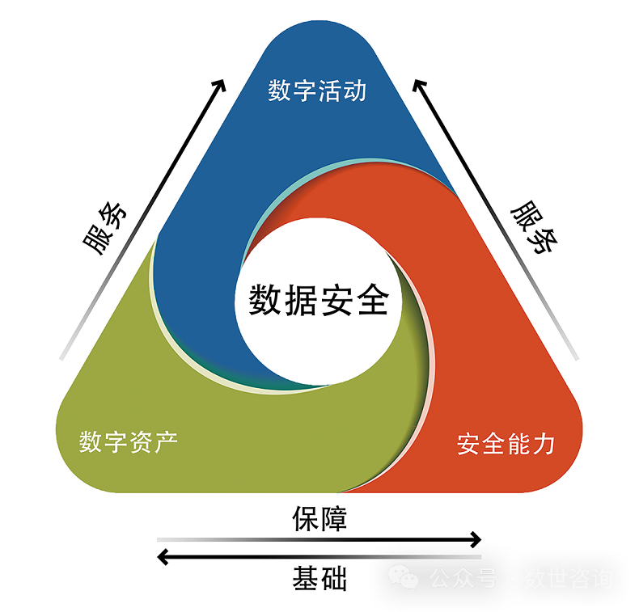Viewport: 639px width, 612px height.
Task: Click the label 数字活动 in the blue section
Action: pos(317,91)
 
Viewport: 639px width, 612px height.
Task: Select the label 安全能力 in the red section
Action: pos(506,444)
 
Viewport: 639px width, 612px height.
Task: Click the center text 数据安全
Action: pos(319,300)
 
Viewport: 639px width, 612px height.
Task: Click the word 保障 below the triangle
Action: pos(319,518)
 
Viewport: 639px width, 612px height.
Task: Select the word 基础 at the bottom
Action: pos(319,579)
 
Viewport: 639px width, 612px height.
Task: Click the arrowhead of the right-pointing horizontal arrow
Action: pos(476,539)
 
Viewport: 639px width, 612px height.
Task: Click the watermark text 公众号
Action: pos(461,579)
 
